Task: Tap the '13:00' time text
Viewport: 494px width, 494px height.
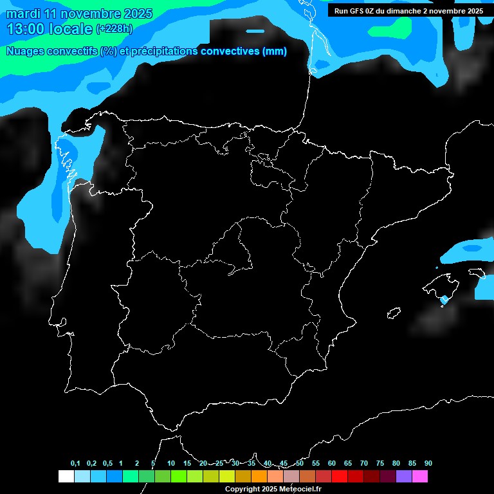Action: coord(26,29)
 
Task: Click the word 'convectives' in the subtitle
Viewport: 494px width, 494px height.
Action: coord(230,51)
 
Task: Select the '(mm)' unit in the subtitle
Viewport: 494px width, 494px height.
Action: coord(275,51)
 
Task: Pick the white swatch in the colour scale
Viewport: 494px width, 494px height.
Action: coord(66,477)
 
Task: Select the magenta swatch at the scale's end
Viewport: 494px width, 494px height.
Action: coord(420,477)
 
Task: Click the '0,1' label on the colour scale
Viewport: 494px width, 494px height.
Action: coord(75,464)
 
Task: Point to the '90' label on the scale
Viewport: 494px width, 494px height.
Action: coord(428,464)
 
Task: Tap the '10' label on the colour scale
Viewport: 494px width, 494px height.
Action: coord(170,464)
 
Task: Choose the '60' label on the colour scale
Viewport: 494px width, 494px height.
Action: coord(332,464)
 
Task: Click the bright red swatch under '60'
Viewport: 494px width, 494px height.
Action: coord(339,477)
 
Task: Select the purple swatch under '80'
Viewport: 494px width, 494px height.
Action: coord(404,477)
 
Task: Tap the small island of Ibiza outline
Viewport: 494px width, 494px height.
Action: coord(394,313)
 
